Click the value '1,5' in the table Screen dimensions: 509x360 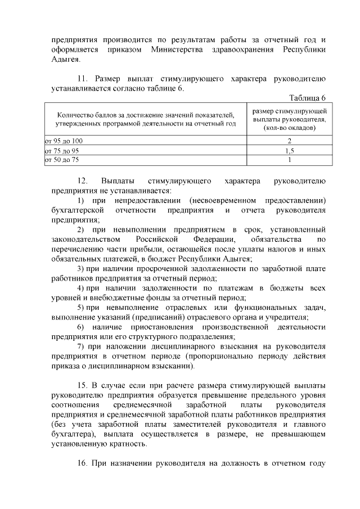290,151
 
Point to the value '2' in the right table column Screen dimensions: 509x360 290,140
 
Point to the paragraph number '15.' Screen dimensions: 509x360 83,385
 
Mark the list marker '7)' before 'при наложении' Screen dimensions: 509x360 80,347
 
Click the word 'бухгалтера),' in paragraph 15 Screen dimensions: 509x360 73,434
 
